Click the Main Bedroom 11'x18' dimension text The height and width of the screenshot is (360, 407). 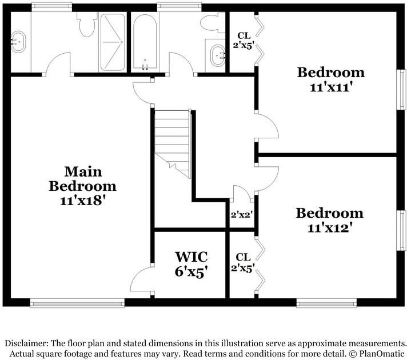83,201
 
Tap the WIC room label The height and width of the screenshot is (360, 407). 191,257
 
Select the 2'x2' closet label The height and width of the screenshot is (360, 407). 242,215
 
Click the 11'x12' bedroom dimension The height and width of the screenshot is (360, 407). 330,228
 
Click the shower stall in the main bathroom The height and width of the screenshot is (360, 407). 113,42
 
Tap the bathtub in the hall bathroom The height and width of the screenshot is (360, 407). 145,42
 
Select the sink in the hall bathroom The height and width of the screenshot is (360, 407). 218,55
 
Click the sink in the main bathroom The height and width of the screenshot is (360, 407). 18,42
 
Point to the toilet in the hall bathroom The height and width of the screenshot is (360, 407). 212,23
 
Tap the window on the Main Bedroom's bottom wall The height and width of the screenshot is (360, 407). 77,303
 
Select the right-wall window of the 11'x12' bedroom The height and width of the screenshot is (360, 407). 401,230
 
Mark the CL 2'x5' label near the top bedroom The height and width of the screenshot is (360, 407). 244,40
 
